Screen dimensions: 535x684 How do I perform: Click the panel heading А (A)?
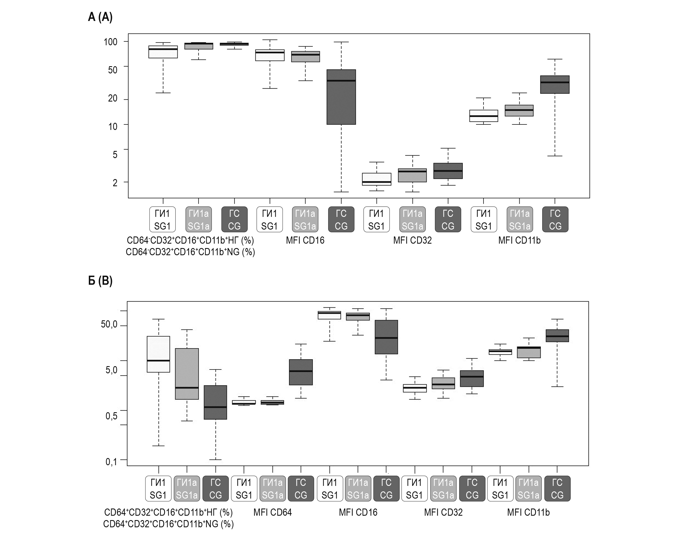pos(100,17)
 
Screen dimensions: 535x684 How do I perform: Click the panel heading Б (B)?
pos(100,281)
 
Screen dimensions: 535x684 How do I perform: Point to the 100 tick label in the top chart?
pos(110,42)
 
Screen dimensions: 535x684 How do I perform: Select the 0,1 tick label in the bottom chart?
pos(111,461)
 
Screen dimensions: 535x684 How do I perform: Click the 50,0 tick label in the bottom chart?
pos(109,324)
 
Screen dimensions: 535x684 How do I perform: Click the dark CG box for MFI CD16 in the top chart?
pos(341,97)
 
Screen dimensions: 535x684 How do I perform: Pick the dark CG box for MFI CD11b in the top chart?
pos(555,85)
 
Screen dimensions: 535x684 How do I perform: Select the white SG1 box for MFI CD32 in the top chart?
pos(376,179)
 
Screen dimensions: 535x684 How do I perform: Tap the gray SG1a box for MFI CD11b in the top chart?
pos(519,111)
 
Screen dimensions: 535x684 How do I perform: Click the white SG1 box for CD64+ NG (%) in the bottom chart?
pos(159,354)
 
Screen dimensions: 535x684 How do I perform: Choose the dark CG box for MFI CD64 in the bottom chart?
pos(301,372)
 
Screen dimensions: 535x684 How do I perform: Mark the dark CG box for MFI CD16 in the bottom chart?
pos(386,337)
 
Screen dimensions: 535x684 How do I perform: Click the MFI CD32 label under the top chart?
pos(412,241)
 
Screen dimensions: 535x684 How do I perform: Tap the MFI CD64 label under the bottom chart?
pos(272,512)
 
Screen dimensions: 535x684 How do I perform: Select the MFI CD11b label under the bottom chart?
pos(528,512)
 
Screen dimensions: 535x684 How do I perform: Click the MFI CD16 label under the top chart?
pos(305,241)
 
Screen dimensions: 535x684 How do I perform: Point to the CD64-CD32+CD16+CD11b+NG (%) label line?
pos(190,252)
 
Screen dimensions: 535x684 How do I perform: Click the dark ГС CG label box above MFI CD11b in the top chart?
pos(555,219)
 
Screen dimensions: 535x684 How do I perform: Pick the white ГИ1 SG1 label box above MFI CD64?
pos(244,489)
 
